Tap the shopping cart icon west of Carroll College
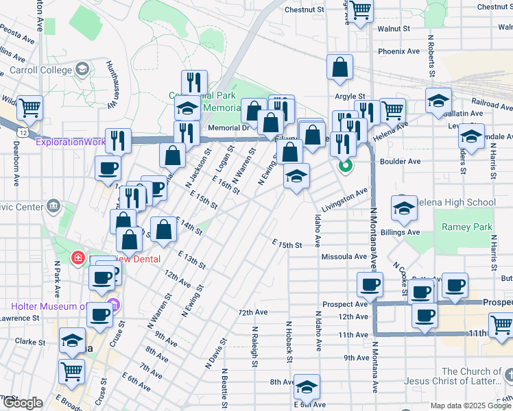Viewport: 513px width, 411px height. click(x=29, y=108)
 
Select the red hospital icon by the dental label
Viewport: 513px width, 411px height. click(x=79, y=258)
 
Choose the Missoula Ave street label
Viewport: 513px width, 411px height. click(x=344, y=256)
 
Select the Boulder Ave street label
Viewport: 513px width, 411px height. click(x=403, y=162)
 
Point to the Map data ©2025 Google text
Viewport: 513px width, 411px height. click(x=470, y=406)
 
